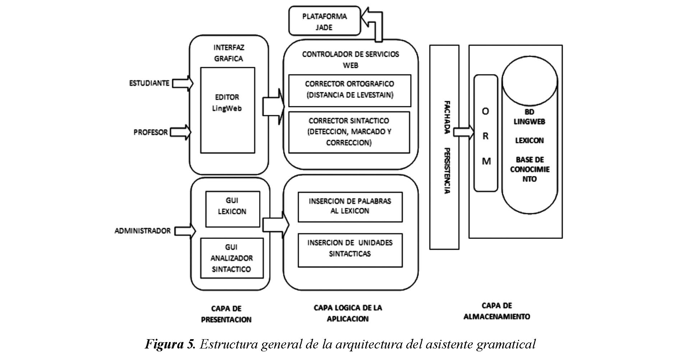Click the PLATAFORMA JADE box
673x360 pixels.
pos(324,21)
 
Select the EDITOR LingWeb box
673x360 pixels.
pos(227,110)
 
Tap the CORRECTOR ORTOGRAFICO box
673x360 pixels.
pos(349,91)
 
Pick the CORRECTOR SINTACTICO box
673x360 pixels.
pos(349,132)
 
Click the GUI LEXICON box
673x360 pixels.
pos(232,209)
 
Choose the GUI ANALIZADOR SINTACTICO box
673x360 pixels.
pos(232,258)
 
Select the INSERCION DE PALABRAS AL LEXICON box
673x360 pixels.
pos(350,207)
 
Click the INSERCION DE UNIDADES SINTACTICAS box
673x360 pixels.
pos(350,250)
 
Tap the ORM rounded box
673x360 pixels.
pos(486,133)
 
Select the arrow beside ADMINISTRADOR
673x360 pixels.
pos(185,231)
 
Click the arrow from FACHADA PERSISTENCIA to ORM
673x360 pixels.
pos(463,132)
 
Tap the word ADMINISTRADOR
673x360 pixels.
pos(142,231)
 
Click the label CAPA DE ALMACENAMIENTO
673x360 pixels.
pos(496,311)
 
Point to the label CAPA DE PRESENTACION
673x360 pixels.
pos(226,314)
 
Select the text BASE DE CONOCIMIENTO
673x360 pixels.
pos(530,169)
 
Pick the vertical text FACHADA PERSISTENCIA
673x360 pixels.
pos(446,147)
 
